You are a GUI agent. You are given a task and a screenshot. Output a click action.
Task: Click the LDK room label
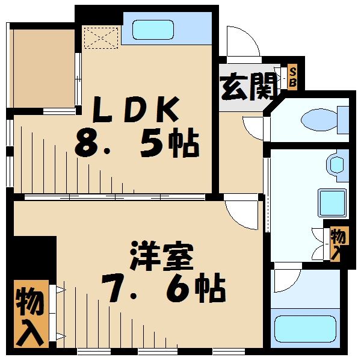135,110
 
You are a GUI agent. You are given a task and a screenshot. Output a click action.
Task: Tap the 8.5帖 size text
138,144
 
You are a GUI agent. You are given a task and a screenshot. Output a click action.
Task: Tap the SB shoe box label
293,78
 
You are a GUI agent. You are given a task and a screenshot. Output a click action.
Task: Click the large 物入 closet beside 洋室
30,314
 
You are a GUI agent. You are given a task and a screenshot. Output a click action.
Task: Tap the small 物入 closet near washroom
339,242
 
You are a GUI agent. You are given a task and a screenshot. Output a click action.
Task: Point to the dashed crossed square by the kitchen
100,37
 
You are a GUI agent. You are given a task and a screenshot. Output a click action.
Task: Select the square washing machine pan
332,202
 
